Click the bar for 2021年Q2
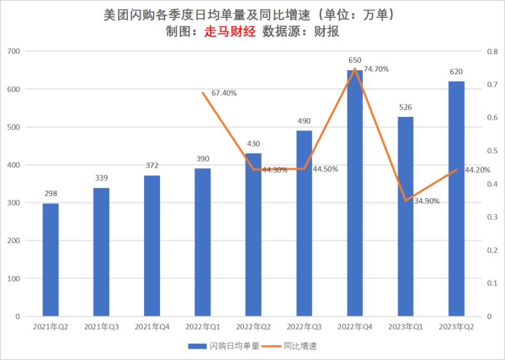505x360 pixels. [50, 259]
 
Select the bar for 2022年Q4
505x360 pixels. [355, 193]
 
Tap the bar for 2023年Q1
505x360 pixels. [405, 216]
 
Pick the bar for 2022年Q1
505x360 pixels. [203, 242]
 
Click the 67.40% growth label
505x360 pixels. [224, 93]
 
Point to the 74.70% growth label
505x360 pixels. [376, 69]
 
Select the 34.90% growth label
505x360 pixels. [427, 201]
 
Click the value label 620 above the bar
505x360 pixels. [456, 72]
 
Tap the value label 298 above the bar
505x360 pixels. [50, 194]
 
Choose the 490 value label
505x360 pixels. [304, 121]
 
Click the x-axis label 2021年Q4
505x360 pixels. [152, 327]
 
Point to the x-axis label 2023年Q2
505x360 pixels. [456, 327]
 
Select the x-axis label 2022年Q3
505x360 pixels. [304, 327]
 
